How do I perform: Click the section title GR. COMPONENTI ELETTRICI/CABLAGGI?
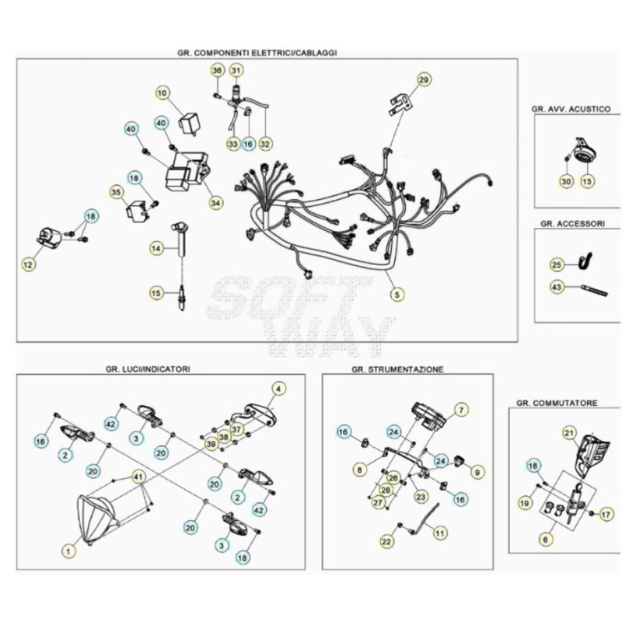click(257, 53)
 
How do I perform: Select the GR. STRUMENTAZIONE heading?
click(397, 369)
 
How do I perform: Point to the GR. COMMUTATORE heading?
click(557, 403)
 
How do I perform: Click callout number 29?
click(424, 80)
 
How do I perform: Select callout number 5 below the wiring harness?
click(397, 295)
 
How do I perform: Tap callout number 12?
click(28, 264)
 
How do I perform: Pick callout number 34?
click(215, 203)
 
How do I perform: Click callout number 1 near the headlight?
click(68, 551)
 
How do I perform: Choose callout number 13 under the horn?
click(587, 181)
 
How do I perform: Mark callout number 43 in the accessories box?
click(557, 286)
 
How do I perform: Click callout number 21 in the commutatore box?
click(569, 433)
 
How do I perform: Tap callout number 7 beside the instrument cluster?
click(461, 410)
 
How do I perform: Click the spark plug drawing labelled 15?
click(182, 298)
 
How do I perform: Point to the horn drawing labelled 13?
click(585, 151)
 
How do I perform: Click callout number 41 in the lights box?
click(138, 476)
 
